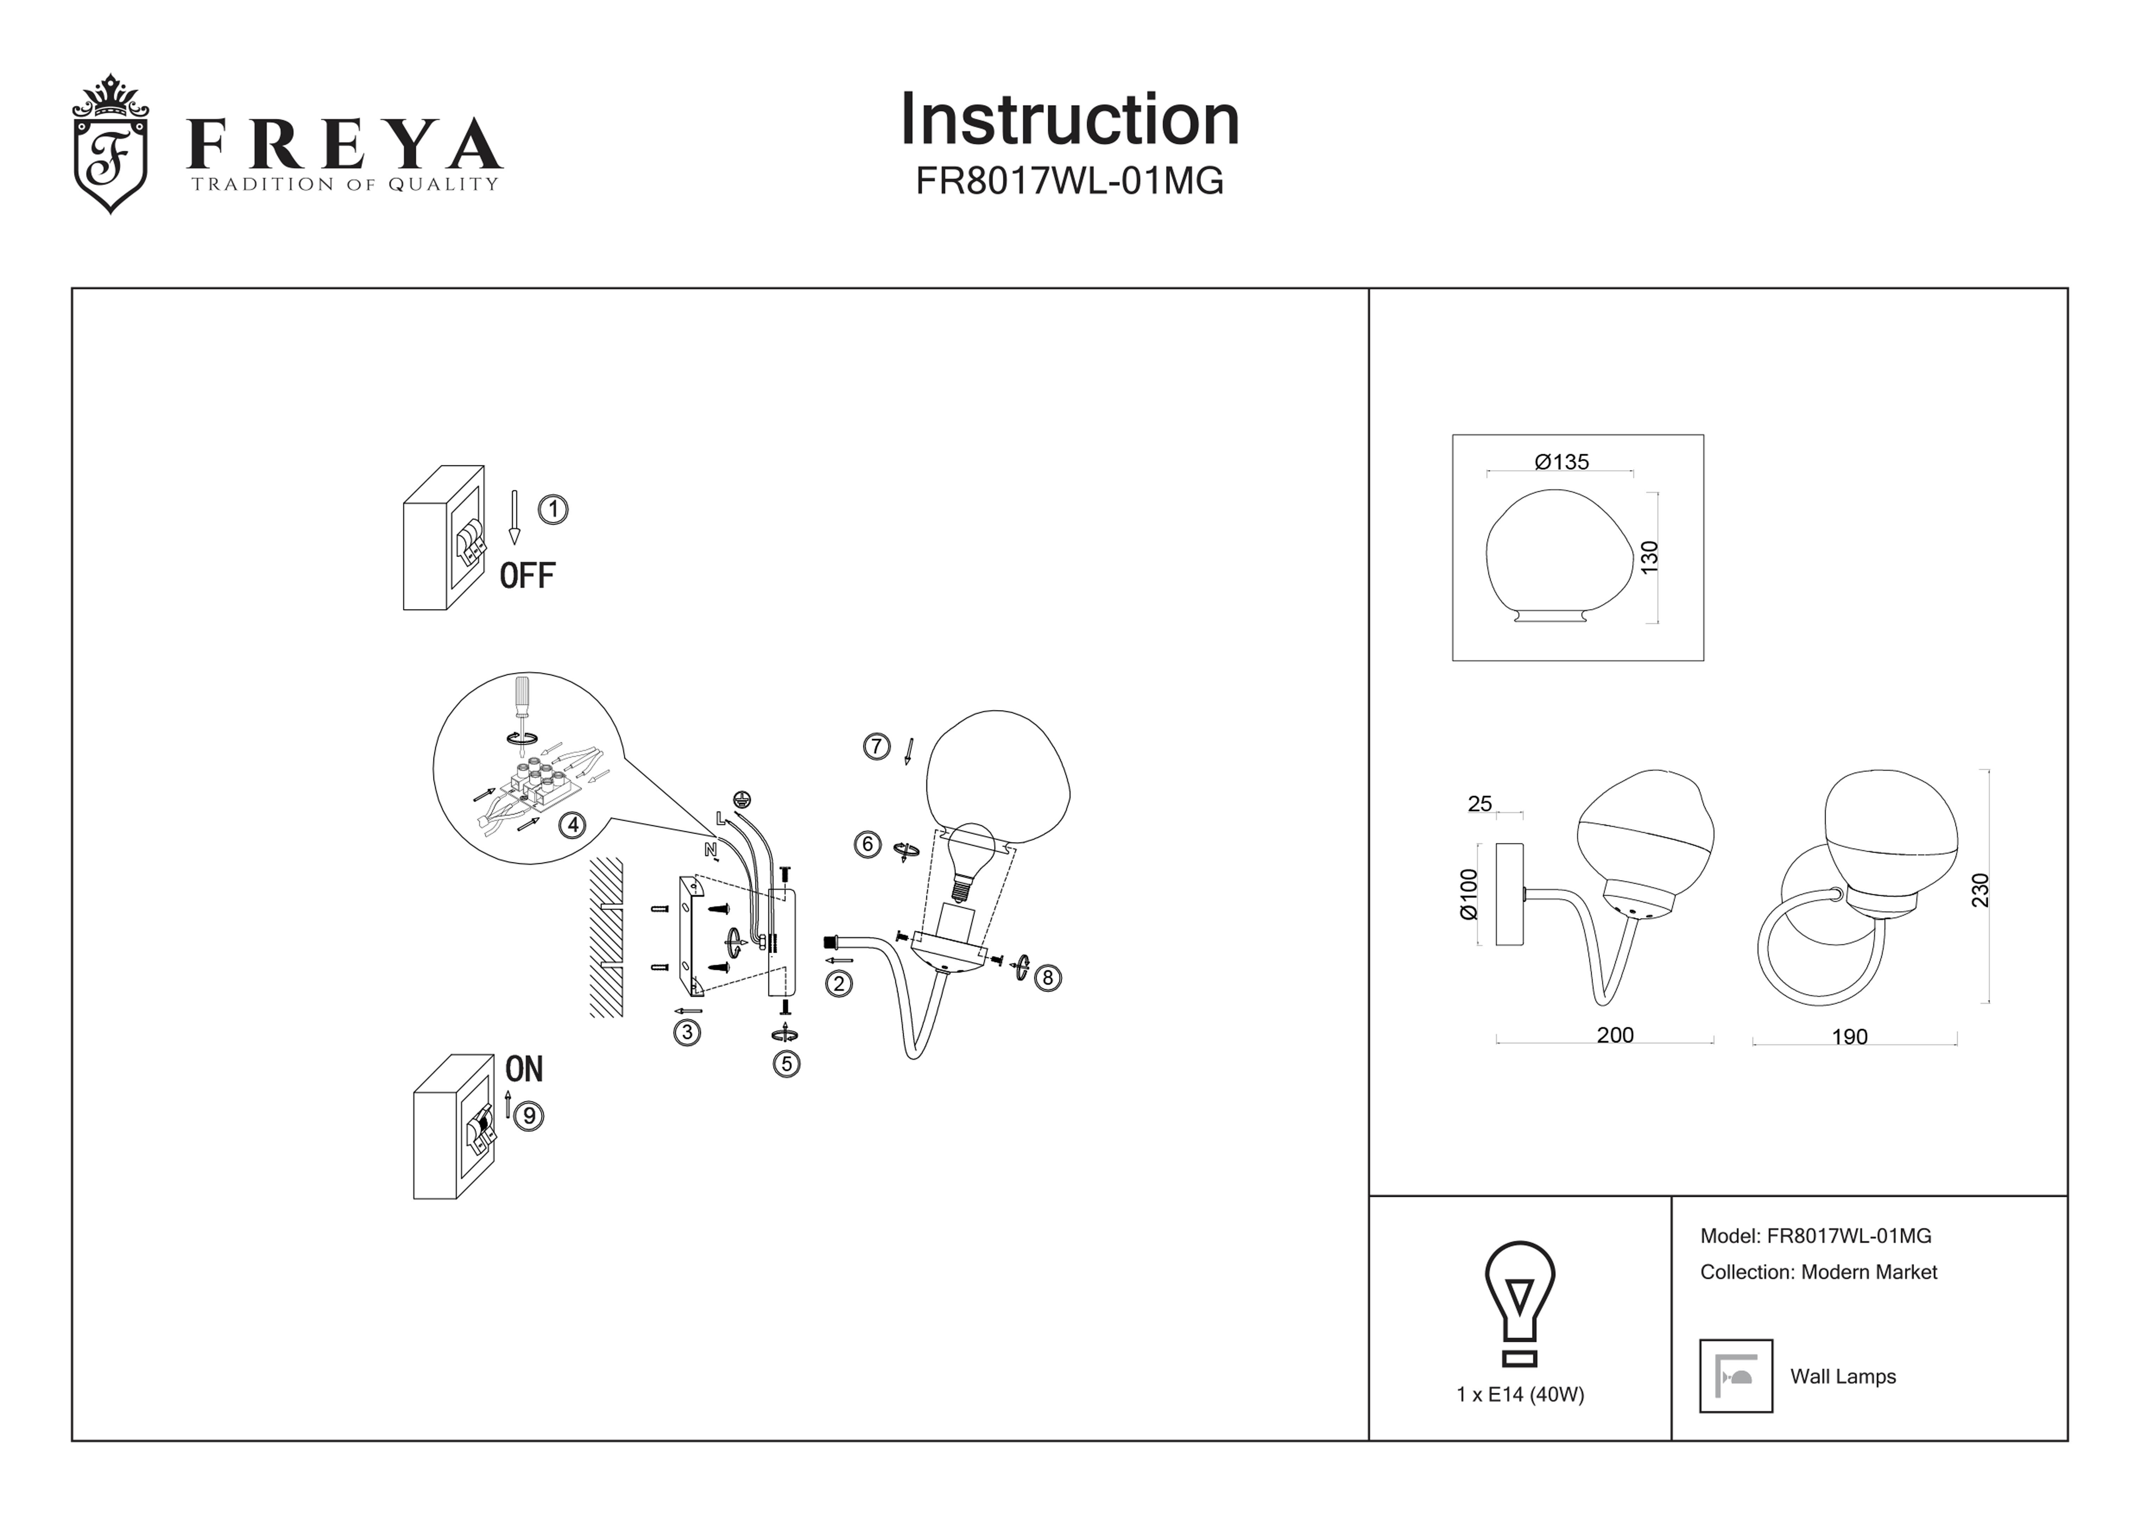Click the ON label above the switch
(x=524, y=1069)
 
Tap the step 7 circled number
(x=876, y=746)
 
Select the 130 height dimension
(x=1650, y=557)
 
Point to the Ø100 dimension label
(x=1469, y=894)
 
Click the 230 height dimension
(x=1981, y=890)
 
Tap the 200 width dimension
(x=1615, y=1035)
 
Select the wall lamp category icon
(x=1736, y=1376)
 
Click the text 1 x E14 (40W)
(x=1520, y=1395)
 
